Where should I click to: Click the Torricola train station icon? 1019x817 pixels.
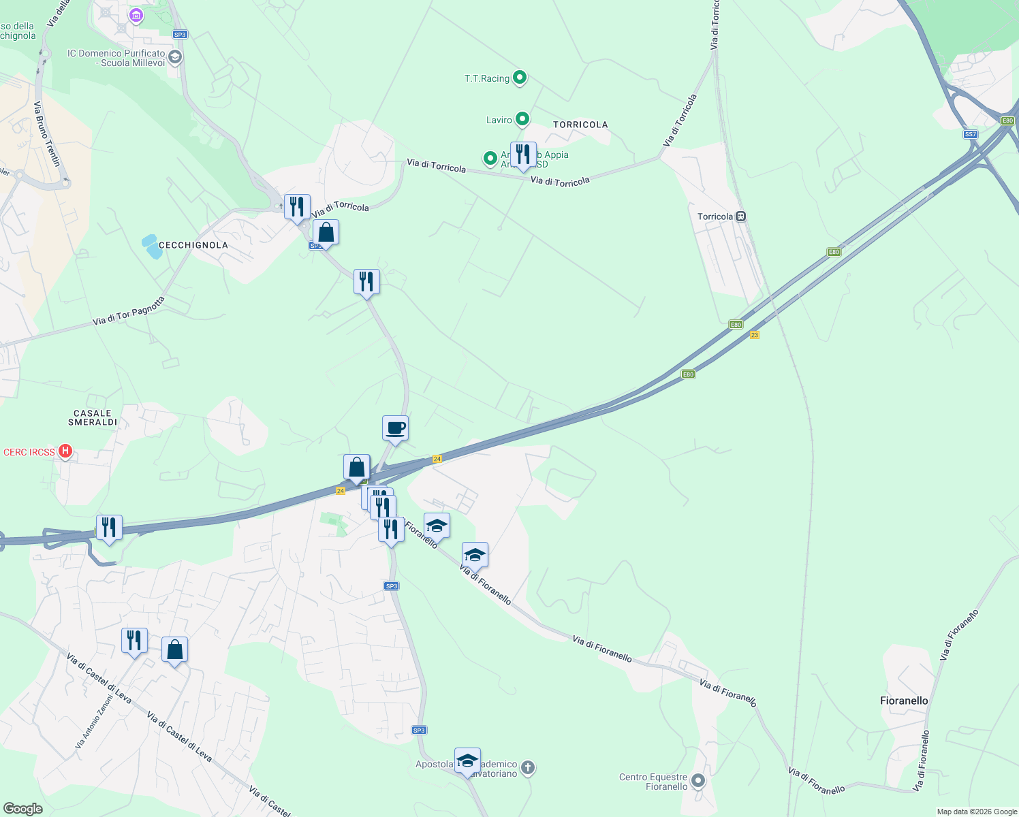pos(740,217)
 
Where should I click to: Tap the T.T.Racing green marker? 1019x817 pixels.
pos(520,78)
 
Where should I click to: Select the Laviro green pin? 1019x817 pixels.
pos(522,120)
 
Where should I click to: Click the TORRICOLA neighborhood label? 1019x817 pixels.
pos(580,125)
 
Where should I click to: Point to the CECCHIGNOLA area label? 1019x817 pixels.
pos(193,245)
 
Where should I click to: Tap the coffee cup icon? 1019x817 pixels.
pos(395,429)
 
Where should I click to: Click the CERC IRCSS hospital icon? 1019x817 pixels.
pos(65,451)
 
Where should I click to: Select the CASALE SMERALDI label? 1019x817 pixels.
pos(93,417)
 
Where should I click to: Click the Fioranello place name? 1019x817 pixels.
pos(904,701)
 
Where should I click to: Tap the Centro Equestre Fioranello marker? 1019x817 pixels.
pos(698,780)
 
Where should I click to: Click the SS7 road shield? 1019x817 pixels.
pos(971,134)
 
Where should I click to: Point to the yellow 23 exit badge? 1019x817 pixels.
pos(754,335)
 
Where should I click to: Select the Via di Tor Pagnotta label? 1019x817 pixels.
pos(129,310)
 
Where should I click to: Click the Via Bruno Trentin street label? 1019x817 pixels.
pos(47,134)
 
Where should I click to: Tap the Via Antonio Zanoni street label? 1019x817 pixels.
pos(94,722)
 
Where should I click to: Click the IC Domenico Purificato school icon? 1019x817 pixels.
pos(175,57)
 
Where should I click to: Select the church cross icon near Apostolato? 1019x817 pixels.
pos(528,769)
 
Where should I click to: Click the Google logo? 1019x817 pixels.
pos(22,809)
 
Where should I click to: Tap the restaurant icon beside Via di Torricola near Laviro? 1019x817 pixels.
pos(522,155)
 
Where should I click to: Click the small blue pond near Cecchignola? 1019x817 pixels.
pos(152,246)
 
